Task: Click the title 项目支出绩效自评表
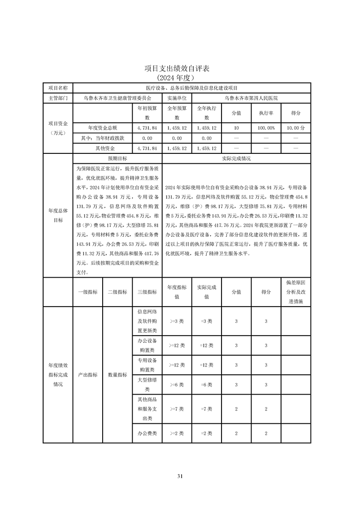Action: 180,69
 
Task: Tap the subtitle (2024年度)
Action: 180,78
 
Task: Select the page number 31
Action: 180,476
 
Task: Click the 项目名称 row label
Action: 58,88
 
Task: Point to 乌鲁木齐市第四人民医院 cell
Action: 251,98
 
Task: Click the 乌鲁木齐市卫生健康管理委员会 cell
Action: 117,98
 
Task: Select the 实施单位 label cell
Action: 177,98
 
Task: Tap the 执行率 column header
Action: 266,113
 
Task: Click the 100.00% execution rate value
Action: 266,128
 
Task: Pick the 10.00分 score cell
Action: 296,128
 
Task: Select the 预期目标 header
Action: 117,159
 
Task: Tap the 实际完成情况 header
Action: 236,159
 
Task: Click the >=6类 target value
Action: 177,385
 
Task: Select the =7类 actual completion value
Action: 206,409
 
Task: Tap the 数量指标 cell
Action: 117,375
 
